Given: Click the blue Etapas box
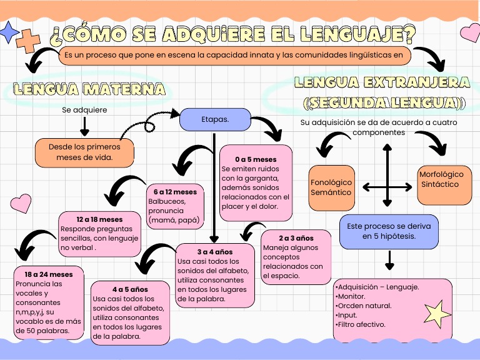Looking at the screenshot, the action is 215,119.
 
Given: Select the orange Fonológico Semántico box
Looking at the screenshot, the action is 331,187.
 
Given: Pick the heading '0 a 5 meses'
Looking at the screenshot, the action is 256,159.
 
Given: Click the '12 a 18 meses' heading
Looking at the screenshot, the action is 100,220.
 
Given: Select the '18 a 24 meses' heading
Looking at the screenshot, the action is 49,274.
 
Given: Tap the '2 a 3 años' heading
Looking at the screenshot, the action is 296,238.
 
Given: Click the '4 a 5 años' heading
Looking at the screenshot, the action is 130,290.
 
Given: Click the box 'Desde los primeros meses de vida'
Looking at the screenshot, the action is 84,152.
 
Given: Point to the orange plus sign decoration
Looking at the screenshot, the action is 27,41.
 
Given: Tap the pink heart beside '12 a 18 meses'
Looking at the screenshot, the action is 21,202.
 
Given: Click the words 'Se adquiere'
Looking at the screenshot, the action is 84,110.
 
